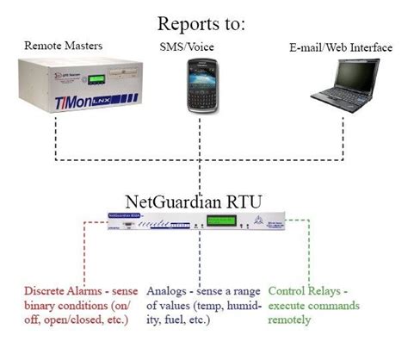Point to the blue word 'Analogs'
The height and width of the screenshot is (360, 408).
169,292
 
